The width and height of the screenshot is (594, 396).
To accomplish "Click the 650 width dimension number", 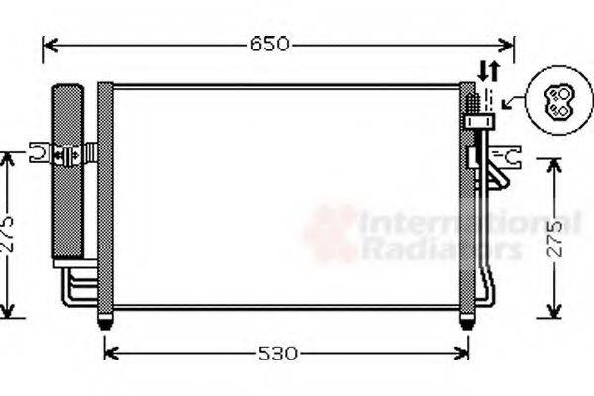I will pos(269,45).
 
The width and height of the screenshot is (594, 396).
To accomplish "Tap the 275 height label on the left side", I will pos(8,236).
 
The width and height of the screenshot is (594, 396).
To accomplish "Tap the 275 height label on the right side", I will pos(554,239).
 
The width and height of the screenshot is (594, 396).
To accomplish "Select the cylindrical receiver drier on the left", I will pos(68,173).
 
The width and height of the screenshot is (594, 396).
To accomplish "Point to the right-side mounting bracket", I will pos(508,155).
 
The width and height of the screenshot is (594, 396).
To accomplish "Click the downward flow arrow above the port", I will pos(483,71).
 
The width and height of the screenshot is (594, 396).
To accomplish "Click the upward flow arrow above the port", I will pos(493,71).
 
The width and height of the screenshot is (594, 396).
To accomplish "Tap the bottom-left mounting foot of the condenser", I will pos(105,320).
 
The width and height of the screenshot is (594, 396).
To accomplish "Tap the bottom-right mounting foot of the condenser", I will pos(467,320).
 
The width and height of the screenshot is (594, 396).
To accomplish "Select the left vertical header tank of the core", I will pos(105,198).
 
